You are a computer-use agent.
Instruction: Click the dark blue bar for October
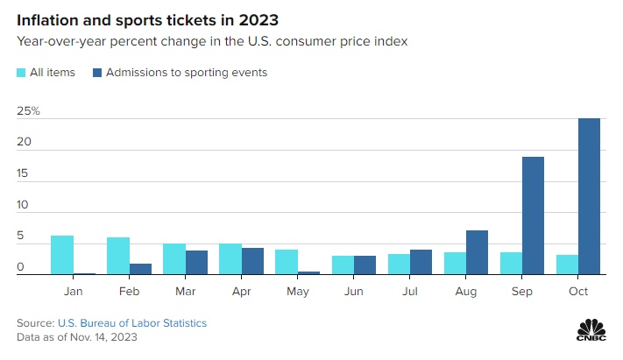point(589,196)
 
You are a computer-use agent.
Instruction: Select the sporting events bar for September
point(533,215)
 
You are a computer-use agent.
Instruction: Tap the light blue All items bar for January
point(61,255)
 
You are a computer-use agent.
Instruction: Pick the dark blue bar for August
point(477,252)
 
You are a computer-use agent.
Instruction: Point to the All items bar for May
point(286,262)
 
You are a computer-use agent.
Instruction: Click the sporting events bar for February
point(140,269)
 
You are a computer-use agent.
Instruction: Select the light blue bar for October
point(566,265)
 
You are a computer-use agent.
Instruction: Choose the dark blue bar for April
point(252,261)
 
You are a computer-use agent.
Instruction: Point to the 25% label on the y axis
point(29,111)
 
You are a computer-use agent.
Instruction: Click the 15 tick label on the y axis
point(25,174)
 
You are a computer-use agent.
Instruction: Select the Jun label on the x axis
point(353,290)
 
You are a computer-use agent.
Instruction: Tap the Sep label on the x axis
point(521,290)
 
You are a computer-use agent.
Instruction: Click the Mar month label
point(185,290)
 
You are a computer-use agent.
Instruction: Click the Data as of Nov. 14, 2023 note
point(77,336)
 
